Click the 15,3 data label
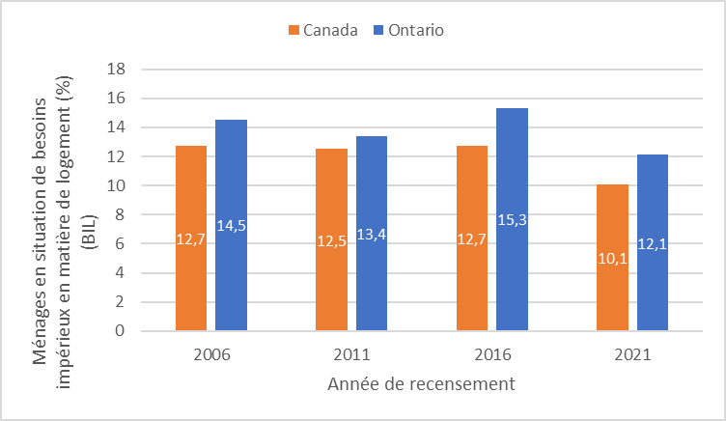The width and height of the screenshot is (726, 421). pos(512,220)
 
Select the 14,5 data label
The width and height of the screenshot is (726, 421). pos(231,226)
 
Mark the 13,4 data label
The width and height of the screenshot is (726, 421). pos(371,234)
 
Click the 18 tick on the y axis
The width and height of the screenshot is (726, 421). pos(120,70)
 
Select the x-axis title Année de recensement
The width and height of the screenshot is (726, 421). pos(420,383)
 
